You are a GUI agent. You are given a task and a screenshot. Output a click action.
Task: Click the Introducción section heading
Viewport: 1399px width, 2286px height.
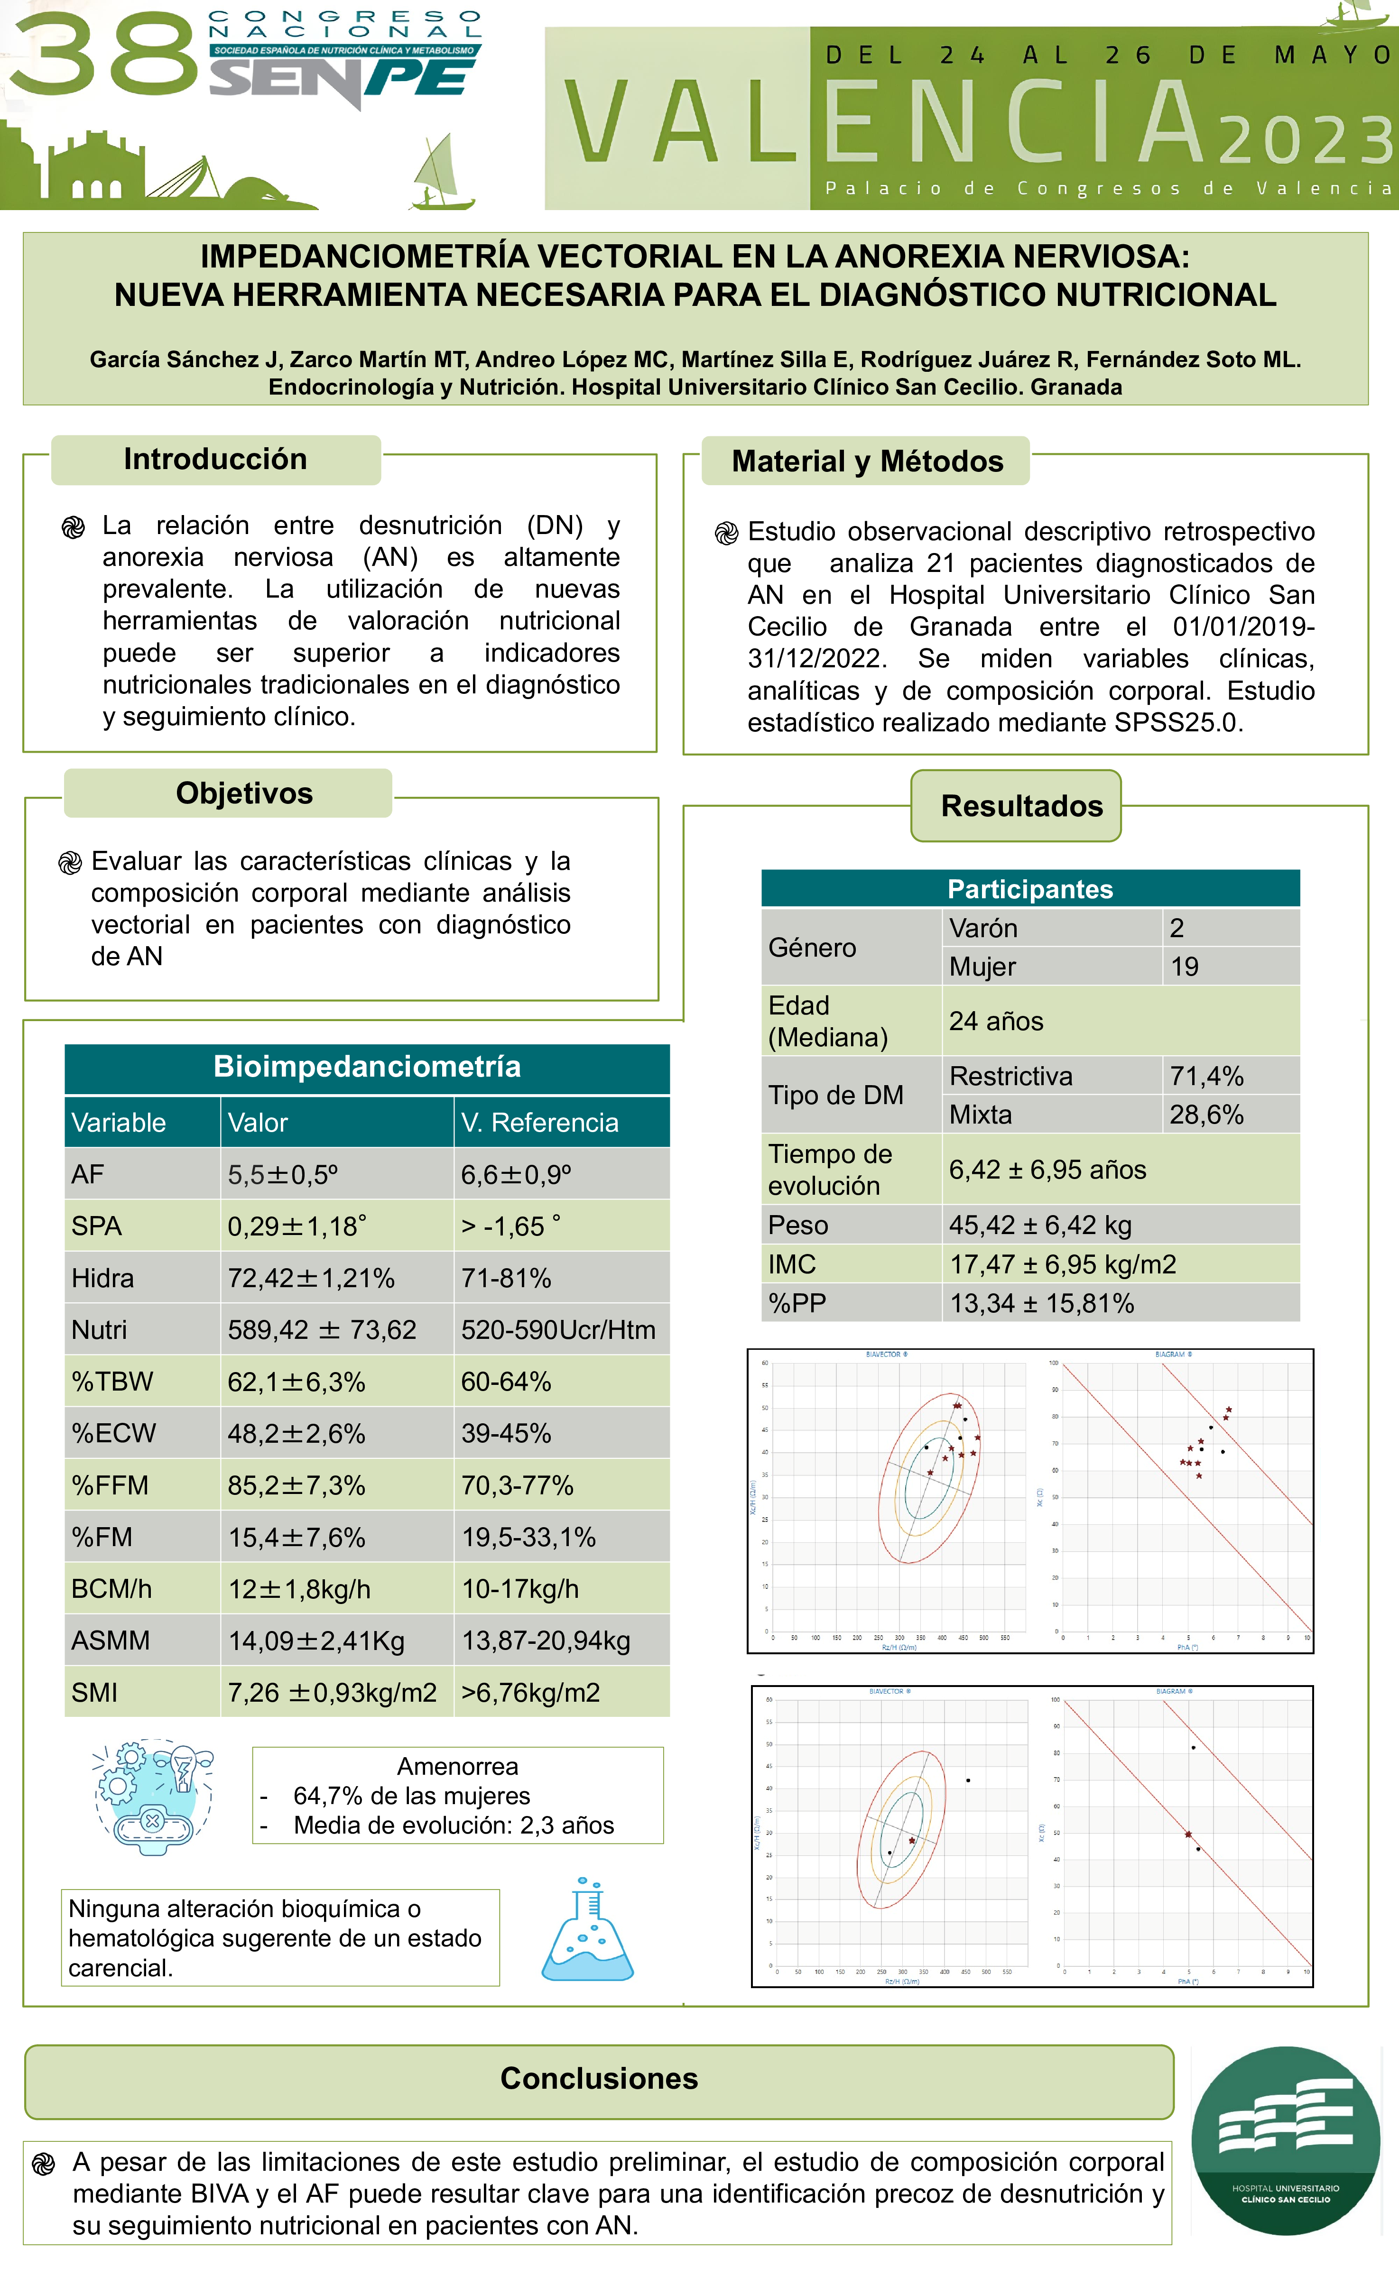point(215,459)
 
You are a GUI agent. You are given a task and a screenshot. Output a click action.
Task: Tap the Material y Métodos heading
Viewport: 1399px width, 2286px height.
point(867,461)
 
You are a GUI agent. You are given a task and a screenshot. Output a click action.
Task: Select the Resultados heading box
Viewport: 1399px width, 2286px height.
point(1021,805)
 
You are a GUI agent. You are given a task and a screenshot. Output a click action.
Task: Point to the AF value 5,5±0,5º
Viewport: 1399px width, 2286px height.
point(283,1175)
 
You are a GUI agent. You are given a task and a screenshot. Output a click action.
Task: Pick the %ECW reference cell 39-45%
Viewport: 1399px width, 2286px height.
point(507,1433)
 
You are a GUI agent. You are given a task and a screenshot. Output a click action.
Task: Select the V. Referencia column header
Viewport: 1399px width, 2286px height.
point(539,1123)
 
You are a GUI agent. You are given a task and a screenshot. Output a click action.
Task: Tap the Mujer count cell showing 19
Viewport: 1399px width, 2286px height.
point(1185,967)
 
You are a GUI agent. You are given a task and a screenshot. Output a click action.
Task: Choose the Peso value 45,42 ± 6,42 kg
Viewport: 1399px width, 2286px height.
point(1040,1226)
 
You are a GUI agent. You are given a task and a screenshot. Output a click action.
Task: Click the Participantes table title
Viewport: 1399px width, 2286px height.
point(1030,889)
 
